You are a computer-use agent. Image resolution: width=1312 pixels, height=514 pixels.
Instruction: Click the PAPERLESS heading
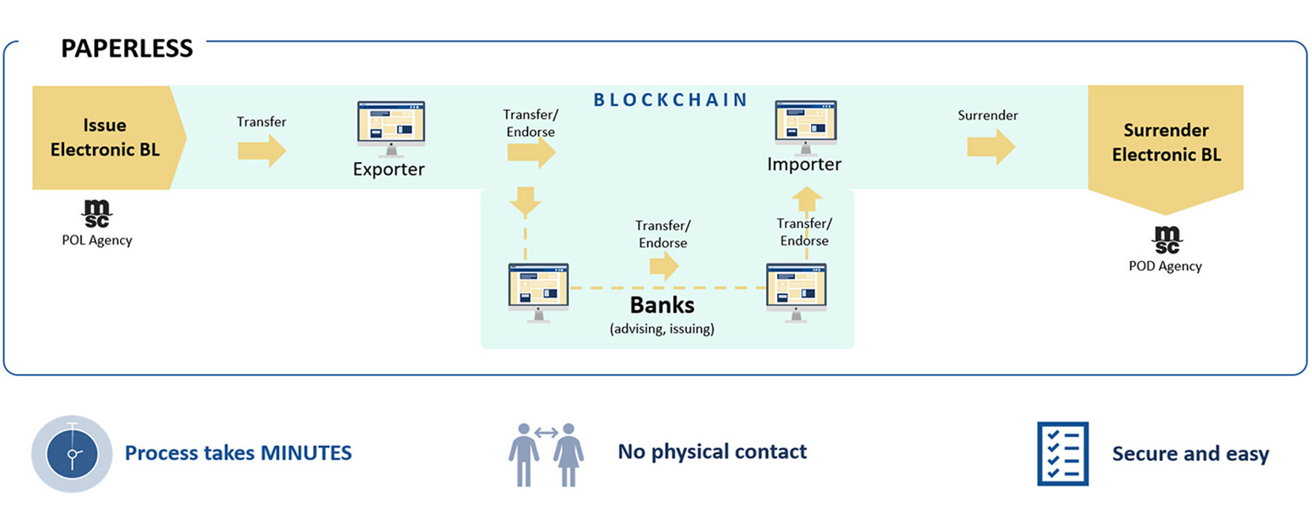126,49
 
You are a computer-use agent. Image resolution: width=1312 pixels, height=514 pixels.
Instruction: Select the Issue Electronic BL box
104,138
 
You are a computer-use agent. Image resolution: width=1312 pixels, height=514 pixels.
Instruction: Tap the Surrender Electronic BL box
1165,142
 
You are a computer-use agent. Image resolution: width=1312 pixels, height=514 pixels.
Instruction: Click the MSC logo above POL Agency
96,213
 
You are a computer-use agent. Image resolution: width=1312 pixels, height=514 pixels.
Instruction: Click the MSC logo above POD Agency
1166,240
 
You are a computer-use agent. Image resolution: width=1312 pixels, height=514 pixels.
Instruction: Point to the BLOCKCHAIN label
670,100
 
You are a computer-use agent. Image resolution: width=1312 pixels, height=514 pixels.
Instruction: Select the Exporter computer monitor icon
390,127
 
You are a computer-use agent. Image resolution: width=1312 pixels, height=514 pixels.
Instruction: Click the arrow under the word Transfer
262,149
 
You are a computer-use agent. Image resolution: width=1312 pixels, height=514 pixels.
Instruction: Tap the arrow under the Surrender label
990,146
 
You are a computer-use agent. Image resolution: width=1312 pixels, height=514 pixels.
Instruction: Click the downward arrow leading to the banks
525,201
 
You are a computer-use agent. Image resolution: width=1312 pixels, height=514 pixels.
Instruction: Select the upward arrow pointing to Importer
806,198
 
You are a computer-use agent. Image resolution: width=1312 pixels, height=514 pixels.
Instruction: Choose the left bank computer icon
538,290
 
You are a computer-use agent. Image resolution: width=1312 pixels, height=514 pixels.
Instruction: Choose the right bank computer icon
796,290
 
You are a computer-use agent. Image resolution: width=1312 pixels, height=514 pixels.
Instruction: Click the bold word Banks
662,305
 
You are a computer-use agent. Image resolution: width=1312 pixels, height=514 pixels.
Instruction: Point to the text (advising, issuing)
662,329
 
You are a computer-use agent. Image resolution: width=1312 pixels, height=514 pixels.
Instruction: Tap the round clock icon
72,454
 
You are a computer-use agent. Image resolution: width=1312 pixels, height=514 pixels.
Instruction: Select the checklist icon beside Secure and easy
1062,454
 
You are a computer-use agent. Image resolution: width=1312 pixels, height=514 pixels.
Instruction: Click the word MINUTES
306,453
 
